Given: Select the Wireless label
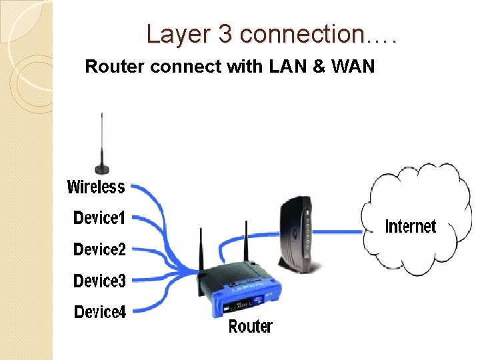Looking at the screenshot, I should click(96, 187).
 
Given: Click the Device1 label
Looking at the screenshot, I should click(99, 218).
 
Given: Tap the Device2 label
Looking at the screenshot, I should click(99, 249).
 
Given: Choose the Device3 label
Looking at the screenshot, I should click(99, 281).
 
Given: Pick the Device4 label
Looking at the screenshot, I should click(99, 311).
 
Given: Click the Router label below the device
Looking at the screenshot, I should click(250, 326).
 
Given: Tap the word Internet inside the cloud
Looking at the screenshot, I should click(411, 227).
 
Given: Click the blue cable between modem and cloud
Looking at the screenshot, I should click(340, 232).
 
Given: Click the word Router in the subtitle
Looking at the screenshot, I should click(107, 67).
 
